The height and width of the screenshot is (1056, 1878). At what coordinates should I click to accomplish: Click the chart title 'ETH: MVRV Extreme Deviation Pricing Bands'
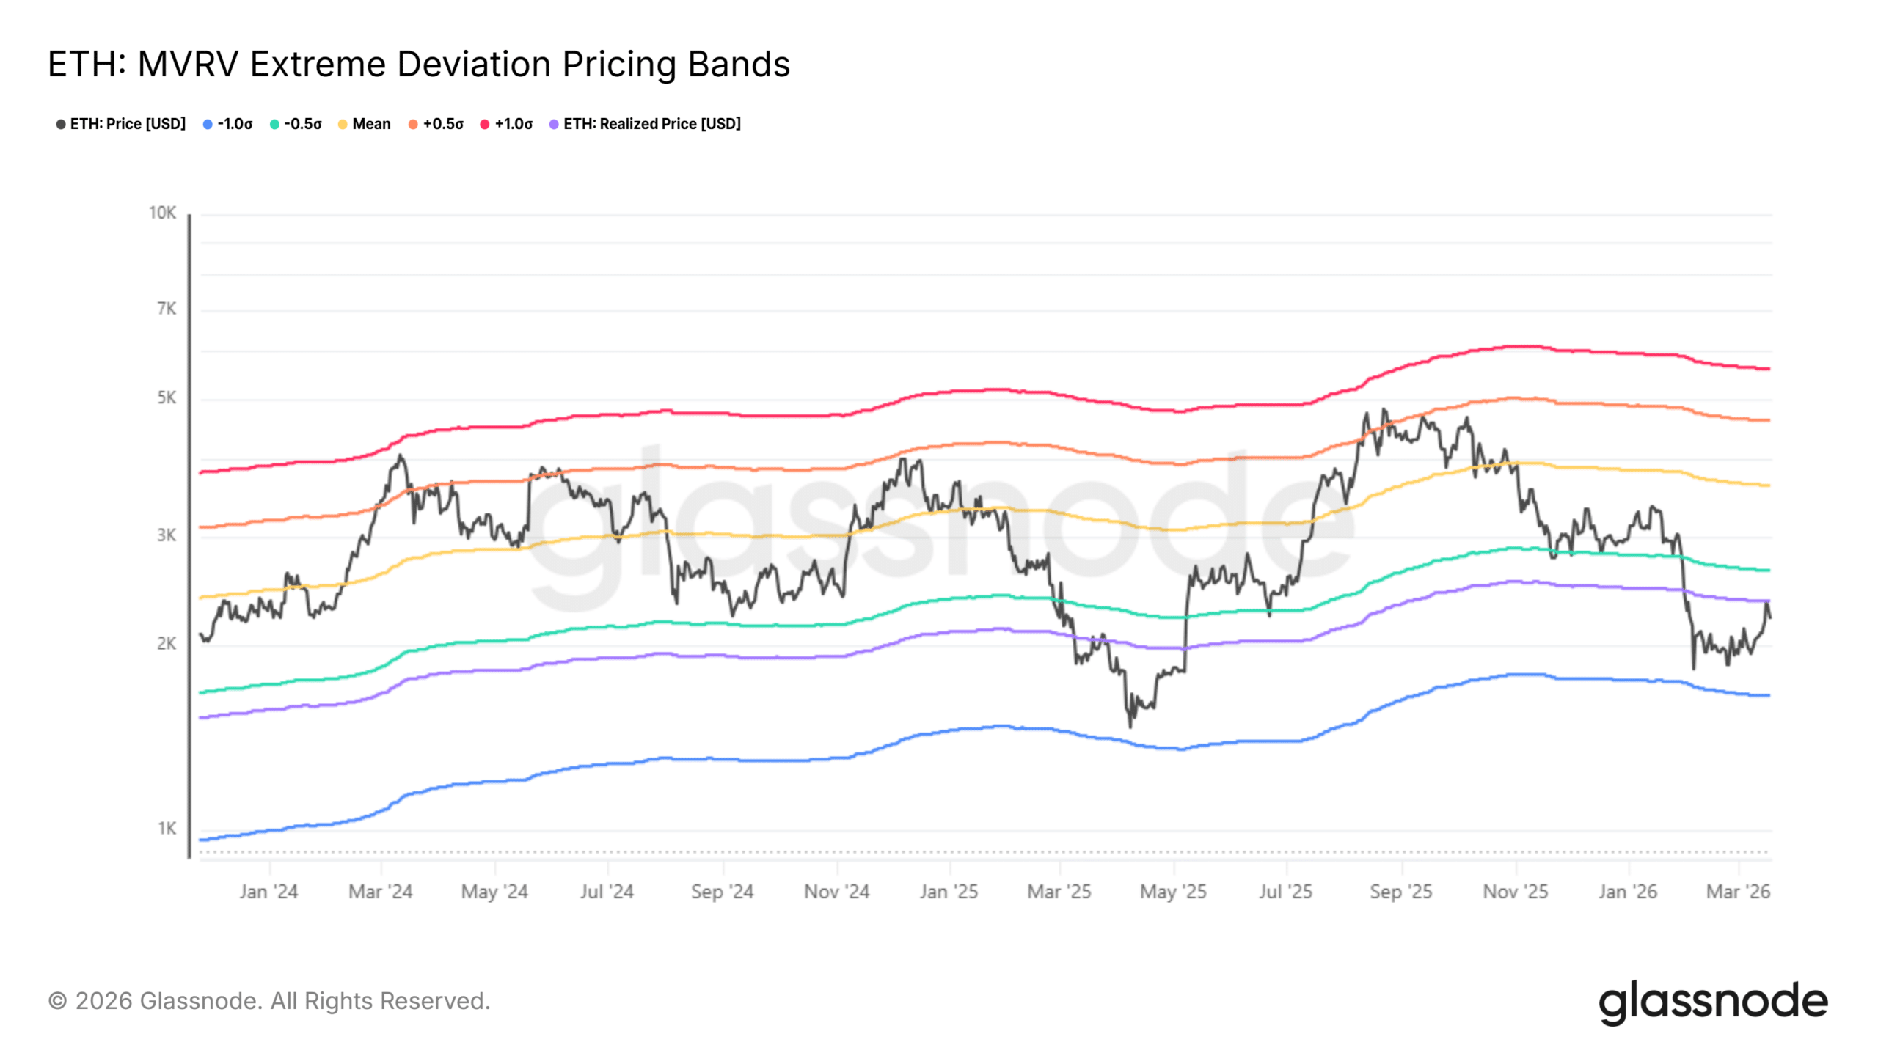(x=419, y=64)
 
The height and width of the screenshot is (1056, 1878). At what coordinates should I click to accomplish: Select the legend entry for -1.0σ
(x=228, y=124)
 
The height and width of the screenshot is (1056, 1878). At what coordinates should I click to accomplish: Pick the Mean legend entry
(x=365, y=124)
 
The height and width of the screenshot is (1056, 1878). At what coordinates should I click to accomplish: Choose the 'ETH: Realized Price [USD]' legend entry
(x=646, y=124)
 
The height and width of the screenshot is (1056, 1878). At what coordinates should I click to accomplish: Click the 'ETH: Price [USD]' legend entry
(x=121, y=124)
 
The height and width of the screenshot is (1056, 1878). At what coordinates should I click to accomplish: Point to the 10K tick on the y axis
(x=162, y=213)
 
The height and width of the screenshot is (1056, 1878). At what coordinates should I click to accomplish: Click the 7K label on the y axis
(x=167, y=309)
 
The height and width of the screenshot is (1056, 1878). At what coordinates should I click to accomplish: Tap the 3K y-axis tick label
(x=167, y=535)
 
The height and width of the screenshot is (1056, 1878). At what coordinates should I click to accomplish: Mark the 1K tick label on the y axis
(x=167, y=829)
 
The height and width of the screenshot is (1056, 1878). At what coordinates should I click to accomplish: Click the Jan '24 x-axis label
(x=268, y=892)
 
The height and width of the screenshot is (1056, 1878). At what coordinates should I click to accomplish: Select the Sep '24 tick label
(x=722, y=892)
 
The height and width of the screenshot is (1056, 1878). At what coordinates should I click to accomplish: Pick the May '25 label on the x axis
(x=1173, y=892)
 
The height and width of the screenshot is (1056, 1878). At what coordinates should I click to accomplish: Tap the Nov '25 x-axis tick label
(x=1515, y=892)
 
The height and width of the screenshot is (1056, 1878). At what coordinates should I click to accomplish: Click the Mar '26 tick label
(x=1738, y=892)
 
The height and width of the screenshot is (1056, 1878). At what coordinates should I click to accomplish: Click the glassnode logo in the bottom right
(x=1713, y=1002)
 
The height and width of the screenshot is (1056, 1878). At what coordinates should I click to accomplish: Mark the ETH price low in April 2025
(x=1130, y=726)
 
